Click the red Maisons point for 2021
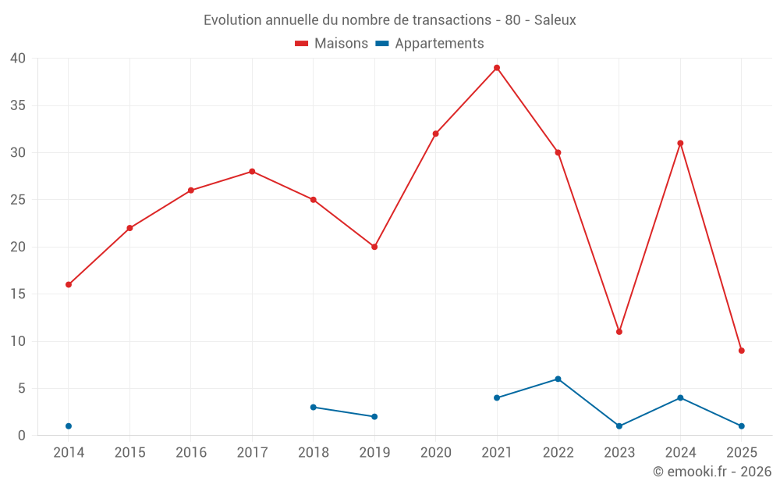pos(497,68)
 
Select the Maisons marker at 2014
pos(69,285)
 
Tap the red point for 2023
pos(619,332)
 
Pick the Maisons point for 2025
pos(742,351)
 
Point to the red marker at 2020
pos(436,134)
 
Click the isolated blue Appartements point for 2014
pos(69,426)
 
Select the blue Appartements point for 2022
pos(558,379)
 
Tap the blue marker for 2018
pos(314,408)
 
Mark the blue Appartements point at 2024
pos(680,398)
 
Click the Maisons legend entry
pos(331,44)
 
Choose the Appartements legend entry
pos(430,44)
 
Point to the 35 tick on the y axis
pos(19,105)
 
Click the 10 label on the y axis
pos(19,341)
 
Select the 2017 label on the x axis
pos(252,453)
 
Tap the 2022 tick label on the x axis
pos(558,453)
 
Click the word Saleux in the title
pos(555,20)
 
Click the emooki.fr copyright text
pos(711,472)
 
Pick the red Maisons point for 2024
pos(680,143)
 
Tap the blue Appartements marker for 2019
pos(374,417)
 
